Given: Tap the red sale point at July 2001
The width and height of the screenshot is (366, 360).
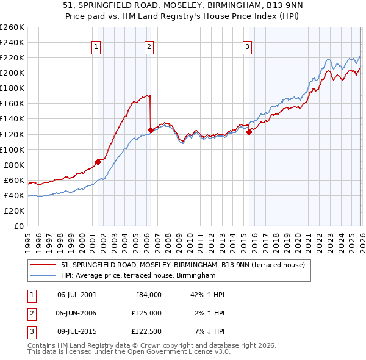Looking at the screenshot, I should tap(98, 162).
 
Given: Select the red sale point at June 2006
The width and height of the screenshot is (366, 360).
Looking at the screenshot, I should tap(151, 130).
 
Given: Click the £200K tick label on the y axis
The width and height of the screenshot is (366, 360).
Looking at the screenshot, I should tap(12, 73).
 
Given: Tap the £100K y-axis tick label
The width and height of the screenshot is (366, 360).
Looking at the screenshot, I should tap(12, 149).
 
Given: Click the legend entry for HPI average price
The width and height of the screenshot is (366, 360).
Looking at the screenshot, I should tap(138, 276).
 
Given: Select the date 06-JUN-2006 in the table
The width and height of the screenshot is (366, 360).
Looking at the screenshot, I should tap(77, 312).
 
